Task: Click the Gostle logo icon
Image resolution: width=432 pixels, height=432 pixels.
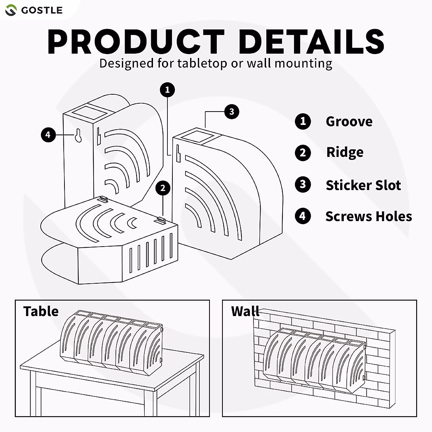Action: click(11, 10)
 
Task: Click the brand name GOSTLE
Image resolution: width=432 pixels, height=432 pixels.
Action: click(42, 10)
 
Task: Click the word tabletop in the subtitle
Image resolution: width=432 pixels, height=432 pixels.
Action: click(202, 63)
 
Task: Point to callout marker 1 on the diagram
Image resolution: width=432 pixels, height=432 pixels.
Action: click(167, 90)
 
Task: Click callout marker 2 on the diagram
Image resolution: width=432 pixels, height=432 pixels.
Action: click(163, 188)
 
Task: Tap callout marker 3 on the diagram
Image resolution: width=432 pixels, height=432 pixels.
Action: click(231, 112)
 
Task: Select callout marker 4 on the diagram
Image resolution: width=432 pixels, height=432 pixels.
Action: click(48, 135)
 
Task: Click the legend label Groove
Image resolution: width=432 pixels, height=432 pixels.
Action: click(349, 121)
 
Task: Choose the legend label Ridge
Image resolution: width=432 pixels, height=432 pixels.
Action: click(345, 152)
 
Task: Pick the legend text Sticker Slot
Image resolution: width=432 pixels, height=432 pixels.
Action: click(363, 185)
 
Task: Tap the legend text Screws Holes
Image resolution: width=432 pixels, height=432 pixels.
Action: click(368, 216)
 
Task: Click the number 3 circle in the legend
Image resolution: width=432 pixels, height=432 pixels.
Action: click(303, 185)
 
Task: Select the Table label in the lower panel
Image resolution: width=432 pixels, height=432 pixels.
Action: click(41, 311)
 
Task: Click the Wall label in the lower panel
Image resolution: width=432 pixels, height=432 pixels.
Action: click(245, 311)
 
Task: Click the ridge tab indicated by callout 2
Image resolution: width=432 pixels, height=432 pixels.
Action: click(161, 219)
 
